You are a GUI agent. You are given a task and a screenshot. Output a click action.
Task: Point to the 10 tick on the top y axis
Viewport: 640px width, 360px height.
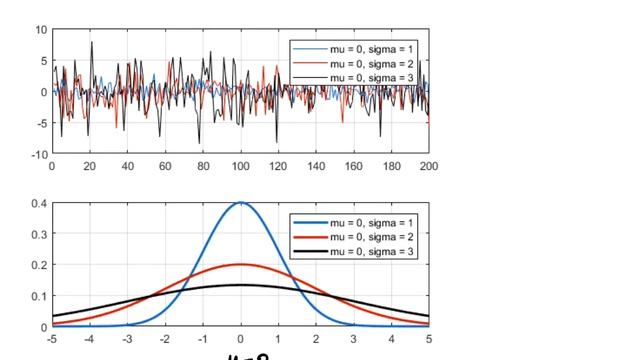pyautogui.click(x=41, y=30)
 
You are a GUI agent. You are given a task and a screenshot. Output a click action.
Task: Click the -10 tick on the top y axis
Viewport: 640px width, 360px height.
pyautogui.click(x=39, y=154)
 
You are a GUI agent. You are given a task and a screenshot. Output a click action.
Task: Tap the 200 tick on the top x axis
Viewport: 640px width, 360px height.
pyautogui.click(x=428, y=167)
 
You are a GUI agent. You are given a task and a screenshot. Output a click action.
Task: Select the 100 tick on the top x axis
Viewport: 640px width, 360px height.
pyautogui.click(x=240, y=167)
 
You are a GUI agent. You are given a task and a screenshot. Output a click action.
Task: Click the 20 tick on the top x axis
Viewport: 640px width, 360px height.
pyautogui.click(x=89, y=167)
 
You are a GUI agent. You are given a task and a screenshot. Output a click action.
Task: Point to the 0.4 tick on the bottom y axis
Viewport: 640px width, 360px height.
pyautogui.click(x=39, y=203)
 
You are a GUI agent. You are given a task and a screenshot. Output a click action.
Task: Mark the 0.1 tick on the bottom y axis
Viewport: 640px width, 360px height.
pyautogui.click(x=39, y=296)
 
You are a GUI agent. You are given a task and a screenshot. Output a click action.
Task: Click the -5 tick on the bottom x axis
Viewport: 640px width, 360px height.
pyautogui.click(x=51, y=340)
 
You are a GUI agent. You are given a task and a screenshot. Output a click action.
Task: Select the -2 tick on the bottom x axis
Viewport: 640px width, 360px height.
pyautogui.click(x=164, y=340)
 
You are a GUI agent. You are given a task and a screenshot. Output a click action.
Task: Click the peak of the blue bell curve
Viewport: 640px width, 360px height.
pyautogui.click(x=240, y=203)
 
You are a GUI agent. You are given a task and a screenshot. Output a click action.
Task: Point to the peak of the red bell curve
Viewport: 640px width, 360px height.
pyautogui.click(x=240, y=265)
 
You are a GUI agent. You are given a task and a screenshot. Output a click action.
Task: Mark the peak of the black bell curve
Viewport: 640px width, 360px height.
pyautogui.click(x=240, y=285)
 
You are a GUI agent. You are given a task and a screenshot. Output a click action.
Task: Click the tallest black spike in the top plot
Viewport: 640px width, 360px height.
pyautogui.click(x=92, y=42)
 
